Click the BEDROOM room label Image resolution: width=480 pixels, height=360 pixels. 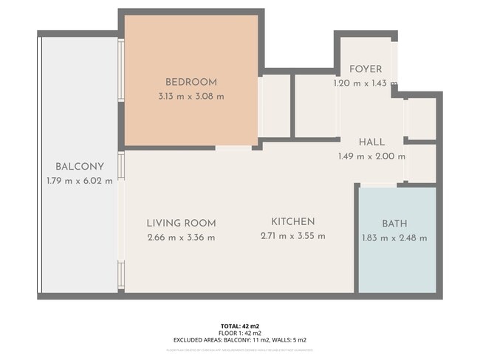click(191, 82)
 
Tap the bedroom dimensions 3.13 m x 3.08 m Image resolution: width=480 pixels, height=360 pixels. click(191, 96)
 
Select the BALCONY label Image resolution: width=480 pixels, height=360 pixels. click(79, 166)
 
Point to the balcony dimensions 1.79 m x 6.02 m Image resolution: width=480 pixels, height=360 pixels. click(79, 180)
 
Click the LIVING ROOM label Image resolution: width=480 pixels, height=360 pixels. click(181, 223)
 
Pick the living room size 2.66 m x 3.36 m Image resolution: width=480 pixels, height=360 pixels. click(181, 237)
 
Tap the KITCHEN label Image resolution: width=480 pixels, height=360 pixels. click(292, 221)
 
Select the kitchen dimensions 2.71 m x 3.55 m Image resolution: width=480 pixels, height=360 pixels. click(292, 236)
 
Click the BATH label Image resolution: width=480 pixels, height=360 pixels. click(394, 224)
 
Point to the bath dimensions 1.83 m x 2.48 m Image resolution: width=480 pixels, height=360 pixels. click(394, 238)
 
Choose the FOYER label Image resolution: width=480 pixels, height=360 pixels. click(366, 69)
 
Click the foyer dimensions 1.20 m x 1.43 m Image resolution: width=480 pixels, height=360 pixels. click(366, 83)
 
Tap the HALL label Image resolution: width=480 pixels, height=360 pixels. click(371, 142)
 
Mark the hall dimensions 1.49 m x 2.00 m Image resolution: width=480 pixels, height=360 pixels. click(371, 156)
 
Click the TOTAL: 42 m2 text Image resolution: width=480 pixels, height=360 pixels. click(240, 325)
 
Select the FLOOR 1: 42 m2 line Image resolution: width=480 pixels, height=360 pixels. click(240, 333)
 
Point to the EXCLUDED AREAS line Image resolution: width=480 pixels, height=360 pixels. click(240, 340)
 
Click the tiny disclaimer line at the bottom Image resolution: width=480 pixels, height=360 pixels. click(240, 347)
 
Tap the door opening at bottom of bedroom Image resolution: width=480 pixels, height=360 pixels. click(233, 148)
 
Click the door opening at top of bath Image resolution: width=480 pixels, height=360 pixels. click(377, 185)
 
